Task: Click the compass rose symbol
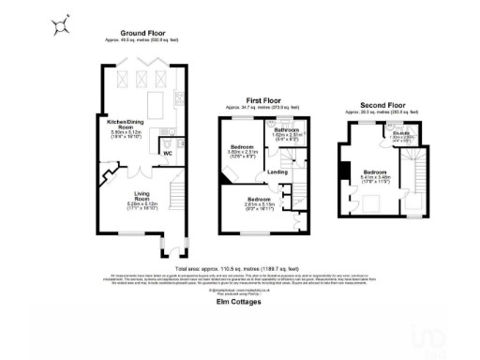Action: [59, 25]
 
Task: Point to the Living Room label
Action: [141, 198]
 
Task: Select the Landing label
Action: [277, 172]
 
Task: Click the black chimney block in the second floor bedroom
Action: [346, 170]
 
